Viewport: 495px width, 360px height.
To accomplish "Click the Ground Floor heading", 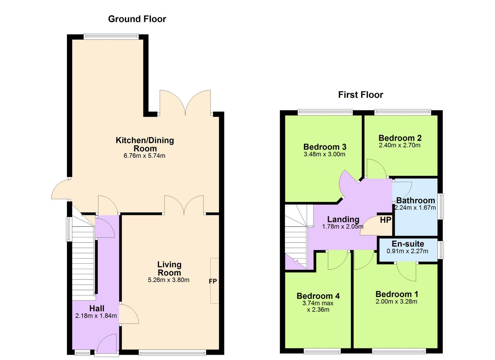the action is point(137,19).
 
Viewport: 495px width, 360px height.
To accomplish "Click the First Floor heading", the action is point(360,95).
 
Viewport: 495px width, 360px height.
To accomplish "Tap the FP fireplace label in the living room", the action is point(213,282).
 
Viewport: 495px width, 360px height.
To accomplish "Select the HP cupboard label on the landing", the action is point(386,220).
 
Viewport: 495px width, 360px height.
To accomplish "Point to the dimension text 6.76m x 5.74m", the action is point(144,156).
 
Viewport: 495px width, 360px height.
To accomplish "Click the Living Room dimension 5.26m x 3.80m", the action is point(168,280).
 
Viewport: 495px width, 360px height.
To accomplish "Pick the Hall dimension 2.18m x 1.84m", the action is point(96,316).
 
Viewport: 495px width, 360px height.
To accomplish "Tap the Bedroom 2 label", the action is point(400,138).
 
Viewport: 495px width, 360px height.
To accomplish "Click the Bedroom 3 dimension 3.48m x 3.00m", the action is point(324,154).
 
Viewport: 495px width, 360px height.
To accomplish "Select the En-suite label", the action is point(408,244).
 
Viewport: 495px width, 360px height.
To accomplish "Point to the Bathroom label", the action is point(415,200).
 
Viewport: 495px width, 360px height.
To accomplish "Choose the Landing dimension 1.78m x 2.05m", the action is point(343,227).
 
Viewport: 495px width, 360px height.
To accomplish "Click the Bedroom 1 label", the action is point(397,294).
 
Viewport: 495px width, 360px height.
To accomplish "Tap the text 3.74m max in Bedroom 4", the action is point(318,303).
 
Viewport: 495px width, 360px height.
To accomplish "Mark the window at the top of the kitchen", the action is point(111,36).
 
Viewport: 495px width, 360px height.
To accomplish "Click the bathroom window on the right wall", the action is point(441,206).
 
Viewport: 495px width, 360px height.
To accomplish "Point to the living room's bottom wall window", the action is point(172,352).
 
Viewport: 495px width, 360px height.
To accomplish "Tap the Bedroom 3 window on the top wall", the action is point(325,113).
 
